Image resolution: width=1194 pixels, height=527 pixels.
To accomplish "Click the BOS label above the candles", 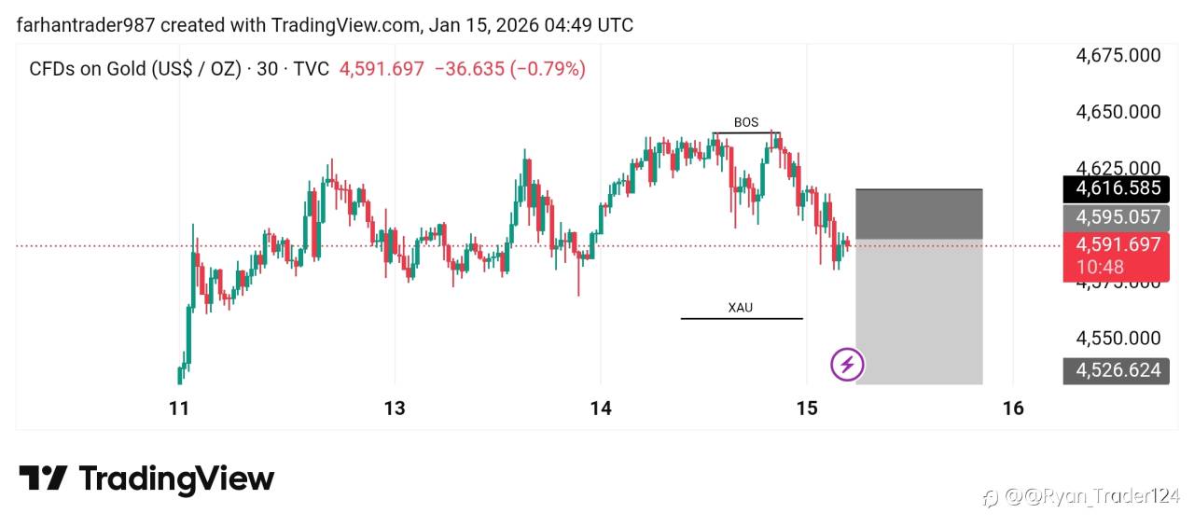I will (x=746, y=122).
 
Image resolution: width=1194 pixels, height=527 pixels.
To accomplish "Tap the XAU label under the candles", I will (x=740, y=307).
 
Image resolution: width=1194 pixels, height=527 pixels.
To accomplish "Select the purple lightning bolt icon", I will (x=847, y=364).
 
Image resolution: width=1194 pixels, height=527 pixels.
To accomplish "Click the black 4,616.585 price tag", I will (x=1118, y=188).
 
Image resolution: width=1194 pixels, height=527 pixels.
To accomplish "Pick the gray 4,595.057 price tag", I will (x=1118, y=217).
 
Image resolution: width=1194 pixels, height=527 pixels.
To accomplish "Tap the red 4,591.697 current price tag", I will (x=1118, y=244).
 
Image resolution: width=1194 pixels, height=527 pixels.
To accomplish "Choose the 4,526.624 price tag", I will (x=1118, y=370).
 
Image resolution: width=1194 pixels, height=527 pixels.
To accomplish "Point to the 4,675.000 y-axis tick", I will (x=1118, y=55).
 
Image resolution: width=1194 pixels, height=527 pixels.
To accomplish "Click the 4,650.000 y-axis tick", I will (x=1118, y=112).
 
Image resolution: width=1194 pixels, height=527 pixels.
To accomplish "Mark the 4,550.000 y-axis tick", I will (x=1118, y=338).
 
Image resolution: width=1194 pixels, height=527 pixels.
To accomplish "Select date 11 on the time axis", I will (x=179, y=408).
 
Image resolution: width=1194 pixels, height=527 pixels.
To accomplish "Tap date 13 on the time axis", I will (x=395, y=408).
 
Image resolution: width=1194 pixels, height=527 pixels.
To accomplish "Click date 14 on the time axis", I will (x=601, y=408).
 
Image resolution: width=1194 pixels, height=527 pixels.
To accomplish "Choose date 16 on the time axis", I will (x=1013, y=408).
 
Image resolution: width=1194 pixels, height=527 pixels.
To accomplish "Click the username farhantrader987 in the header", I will (x=85, y=25).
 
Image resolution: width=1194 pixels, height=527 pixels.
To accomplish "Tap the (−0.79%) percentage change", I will (x=548, y=68).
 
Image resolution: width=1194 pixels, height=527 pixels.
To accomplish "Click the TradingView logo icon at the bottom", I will (x=44, y=479).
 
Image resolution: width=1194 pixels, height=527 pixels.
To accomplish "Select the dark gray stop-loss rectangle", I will (x=919, y=214).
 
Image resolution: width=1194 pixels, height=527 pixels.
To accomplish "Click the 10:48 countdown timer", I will (x=1100, y=267).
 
